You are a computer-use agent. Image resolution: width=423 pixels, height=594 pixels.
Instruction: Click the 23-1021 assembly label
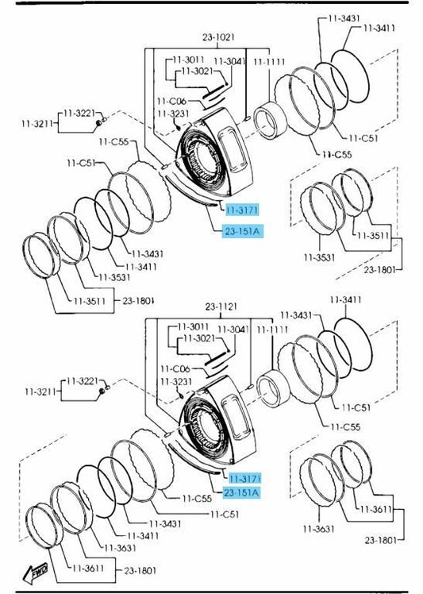coord(218,37)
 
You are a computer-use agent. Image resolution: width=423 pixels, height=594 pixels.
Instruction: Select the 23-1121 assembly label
coord(221,306)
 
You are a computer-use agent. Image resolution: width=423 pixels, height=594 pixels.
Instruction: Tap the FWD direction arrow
coord(36,573)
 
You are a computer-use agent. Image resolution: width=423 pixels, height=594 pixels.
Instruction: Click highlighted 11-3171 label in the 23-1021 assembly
coord(242,210)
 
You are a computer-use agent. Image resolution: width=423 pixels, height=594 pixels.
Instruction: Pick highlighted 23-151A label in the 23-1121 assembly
coord(241,492)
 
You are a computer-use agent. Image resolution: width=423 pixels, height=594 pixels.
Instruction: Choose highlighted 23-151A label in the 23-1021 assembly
coord(242,231)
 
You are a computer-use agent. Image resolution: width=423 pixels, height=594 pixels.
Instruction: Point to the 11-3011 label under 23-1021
coord(189,60)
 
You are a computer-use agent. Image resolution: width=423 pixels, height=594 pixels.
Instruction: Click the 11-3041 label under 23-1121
coord(233,330)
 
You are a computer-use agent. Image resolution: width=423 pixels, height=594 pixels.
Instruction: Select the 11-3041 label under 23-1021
coord(230,61)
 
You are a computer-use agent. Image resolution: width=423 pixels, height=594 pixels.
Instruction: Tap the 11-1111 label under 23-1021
coord(269,62)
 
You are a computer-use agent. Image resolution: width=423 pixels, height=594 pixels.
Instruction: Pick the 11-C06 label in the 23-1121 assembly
coord(175,368)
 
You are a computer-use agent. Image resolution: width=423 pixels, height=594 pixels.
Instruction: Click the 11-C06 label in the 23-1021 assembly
coord(171,101)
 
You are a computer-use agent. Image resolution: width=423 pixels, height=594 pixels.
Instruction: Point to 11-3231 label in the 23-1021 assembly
coord(173,114)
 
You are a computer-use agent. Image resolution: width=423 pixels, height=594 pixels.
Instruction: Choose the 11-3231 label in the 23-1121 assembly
coord(176,381)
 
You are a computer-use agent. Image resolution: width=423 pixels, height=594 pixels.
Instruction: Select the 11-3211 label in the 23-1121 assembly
coord(40,391)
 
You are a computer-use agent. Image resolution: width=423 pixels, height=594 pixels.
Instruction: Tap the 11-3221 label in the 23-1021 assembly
coord(79,113)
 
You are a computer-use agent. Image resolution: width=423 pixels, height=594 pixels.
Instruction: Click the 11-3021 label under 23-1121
coord(199,338)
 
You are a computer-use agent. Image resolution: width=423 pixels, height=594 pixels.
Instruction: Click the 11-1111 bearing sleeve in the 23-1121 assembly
coord(273,390)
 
